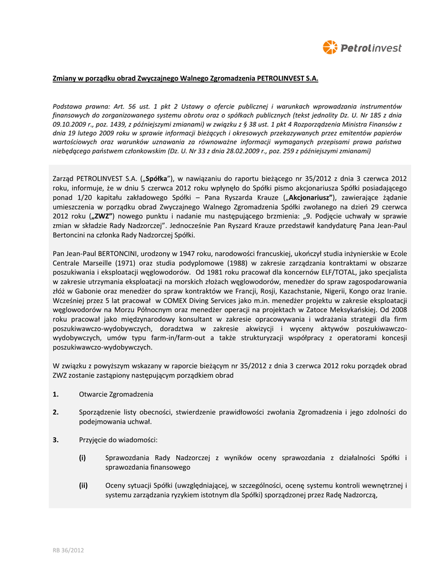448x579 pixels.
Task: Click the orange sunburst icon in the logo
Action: (x=330, y=47)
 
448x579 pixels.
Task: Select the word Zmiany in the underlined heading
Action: (x=65, y=78)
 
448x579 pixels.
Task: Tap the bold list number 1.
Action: (x=56, y=394)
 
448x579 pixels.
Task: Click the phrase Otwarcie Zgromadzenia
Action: (x=116, y=394)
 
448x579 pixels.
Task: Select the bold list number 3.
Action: (x=56, y=440)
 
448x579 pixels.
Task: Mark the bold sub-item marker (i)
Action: (x=82, y=458)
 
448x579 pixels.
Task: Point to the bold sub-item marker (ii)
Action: (x=83, y=485)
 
